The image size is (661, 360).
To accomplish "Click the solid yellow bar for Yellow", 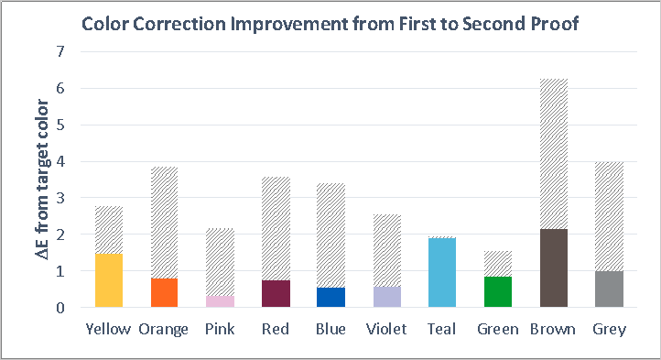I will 109,280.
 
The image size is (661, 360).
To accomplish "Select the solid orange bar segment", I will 164,293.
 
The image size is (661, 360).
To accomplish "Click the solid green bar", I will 497,292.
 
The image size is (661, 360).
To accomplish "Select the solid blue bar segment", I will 330,298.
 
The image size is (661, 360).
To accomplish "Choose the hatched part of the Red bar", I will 276,228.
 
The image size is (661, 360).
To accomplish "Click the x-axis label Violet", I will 385,329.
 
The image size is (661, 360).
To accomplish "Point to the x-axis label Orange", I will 164,329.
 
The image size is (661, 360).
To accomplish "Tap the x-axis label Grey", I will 609,329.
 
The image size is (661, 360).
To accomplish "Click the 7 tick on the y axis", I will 61,52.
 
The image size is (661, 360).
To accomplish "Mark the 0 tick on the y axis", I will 61,309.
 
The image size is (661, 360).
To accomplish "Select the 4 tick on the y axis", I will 61,162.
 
